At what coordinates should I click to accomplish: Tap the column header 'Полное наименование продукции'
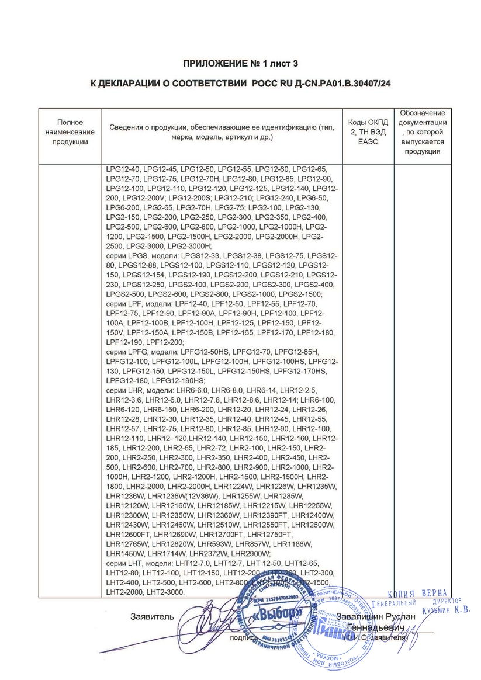(70, 132)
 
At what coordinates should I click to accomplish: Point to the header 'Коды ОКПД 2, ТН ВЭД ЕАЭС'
(368, 132)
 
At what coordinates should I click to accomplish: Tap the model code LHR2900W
(251, 553)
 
